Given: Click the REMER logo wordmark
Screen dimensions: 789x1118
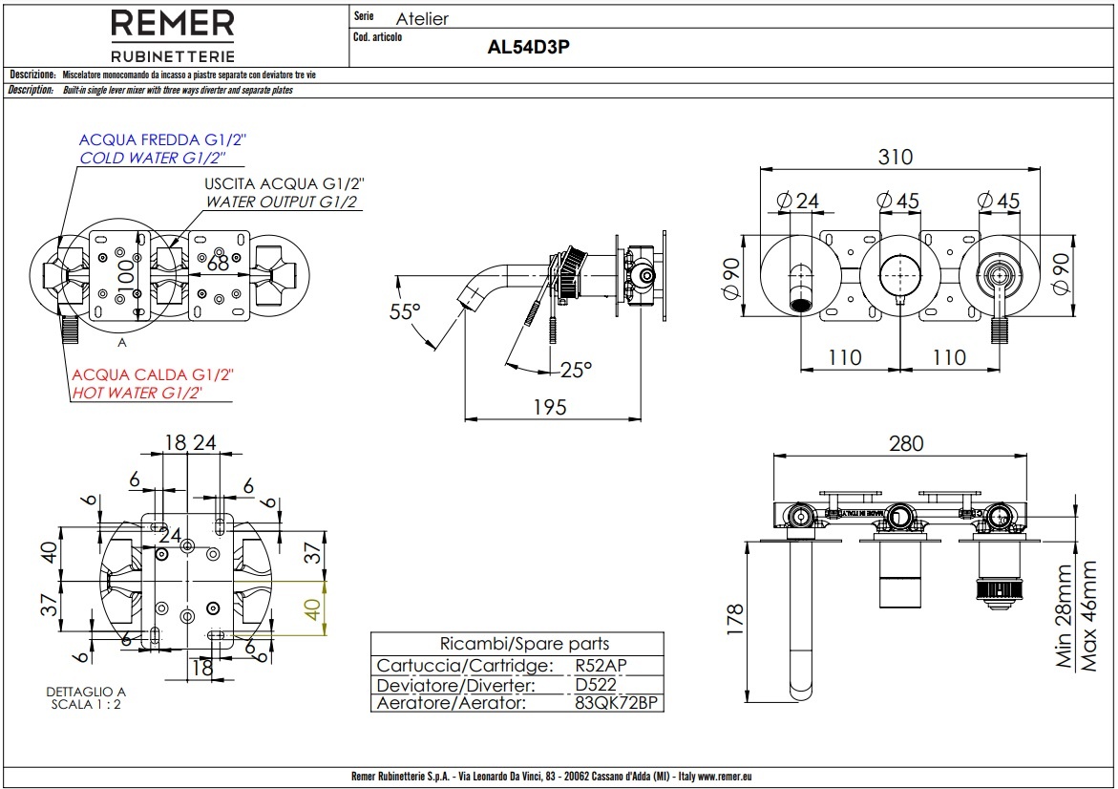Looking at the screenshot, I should coord(173,24).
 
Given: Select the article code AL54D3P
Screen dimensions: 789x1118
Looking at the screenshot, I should coord(528,48).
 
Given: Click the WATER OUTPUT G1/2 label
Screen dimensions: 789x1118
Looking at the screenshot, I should coord(282,202).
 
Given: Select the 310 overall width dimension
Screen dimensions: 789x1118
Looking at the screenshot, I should coord(896,157).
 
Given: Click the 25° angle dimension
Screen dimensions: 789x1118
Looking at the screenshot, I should coord(576,368).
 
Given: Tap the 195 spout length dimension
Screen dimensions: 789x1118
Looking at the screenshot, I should coord(549,407).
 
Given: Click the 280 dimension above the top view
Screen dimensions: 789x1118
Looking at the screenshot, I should coord(906,443).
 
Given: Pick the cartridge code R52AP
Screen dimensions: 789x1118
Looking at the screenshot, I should coord(601,666).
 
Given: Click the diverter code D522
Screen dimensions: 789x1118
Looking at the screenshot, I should coord(596,685).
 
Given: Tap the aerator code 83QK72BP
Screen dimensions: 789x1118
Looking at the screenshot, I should coord(617,703).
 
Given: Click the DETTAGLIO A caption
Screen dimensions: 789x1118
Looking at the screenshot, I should coord(86,692).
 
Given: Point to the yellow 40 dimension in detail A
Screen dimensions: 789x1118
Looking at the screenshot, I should coord(311,608).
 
